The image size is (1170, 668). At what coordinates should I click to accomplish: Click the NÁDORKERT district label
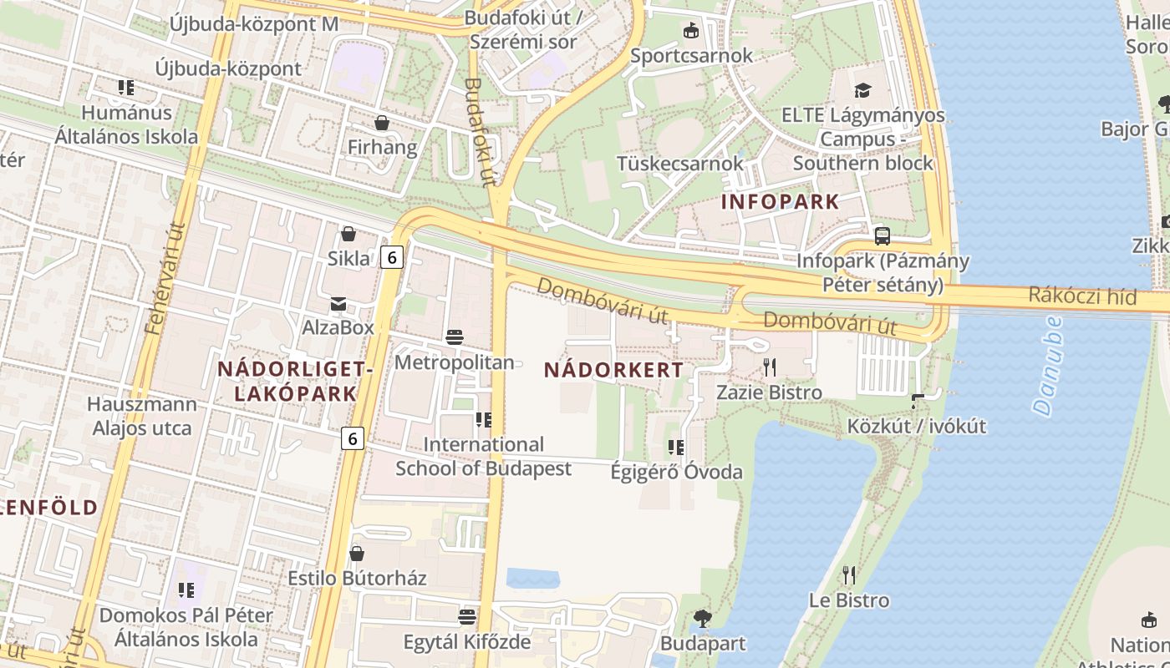coord(613,370)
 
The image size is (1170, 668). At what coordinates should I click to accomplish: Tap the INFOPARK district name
coord(780,201)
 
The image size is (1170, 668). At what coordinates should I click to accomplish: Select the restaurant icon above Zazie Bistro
coord(770,367)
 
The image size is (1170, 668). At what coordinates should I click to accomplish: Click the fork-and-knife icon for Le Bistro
coord(849,574)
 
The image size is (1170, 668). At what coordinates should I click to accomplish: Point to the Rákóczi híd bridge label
coord(1082,296)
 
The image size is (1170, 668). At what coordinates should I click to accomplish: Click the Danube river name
coord(1047,365)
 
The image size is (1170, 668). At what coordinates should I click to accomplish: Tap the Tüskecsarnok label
coord(679,163)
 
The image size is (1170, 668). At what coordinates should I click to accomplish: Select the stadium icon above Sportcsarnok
coord(691,31)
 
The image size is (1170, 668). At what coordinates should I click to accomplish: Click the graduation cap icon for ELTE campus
coord(862,89)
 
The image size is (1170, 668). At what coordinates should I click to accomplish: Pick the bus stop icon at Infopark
coord(883,235)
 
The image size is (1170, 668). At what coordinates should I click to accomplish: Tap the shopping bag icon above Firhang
coord(382,124)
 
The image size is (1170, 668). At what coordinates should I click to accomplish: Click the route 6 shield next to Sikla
coord(391,258)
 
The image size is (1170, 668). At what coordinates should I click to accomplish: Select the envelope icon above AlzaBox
coord(338,303)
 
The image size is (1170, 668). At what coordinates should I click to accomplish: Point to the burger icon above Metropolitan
coord(455,337)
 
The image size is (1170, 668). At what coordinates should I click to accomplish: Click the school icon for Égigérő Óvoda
coord(676,448)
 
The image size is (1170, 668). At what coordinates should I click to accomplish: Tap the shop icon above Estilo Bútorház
coord(357,554)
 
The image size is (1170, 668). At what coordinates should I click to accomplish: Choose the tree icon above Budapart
coord(703,619)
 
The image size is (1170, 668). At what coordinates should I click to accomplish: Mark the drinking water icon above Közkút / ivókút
coord(917,402)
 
